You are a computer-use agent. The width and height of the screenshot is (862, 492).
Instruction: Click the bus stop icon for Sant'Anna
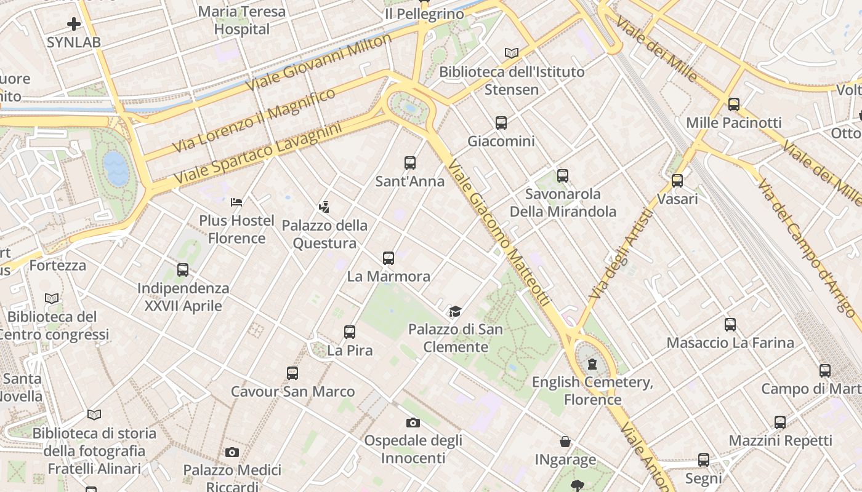click(x=410, y=163)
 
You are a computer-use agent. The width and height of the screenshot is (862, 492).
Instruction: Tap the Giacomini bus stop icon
click(x=501, y=123)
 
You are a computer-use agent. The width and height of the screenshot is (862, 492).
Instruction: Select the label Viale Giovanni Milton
click(x=318, y=63)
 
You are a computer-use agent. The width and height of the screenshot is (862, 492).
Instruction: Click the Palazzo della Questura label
click(x=324, y=234)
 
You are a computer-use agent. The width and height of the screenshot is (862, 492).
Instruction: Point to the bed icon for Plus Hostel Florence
click(x=236, y=202)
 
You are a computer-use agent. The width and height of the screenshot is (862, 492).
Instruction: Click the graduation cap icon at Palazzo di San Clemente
click(x=455, y=311)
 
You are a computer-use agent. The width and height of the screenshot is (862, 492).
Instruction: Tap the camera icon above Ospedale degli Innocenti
click(x=413, y=423)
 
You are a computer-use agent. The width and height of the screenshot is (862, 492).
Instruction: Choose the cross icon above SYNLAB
click(x=74, y=24)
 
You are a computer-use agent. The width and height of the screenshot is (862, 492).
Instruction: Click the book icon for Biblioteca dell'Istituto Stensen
click(x=512, y=53)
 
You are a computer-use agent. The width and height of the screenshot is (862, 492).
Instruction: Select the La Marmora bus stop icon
click(x=389, y=258)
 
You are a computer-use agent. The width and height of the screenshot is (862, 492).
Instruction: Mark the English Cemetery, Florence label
click(x=592, y=391)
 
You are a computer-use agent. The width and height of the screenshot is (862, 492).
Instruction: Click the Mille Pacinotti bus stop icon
click(x=733, y=105)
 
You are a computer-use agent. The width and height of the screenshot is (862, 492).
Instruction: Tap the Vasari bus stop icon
click(x=677, y=181)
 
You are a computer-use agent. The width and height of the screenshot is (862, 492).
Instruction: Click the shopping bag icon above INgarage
click(x=565, y=442)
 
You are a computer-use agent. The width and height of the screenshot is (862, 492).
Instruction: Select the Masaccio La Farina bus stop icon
click(x=730, y=324)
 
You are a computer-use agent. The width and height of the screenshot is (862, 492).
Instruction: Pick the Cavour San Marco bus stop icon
click(x=292, y=373)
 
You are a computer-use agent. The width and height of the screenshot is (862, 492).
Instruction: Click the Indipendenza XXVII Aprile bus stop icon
click(x=183, y=270)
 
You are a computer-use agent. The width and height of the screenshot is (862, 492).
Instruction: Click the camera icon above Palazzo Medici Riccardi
click(x=232, y=452)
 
